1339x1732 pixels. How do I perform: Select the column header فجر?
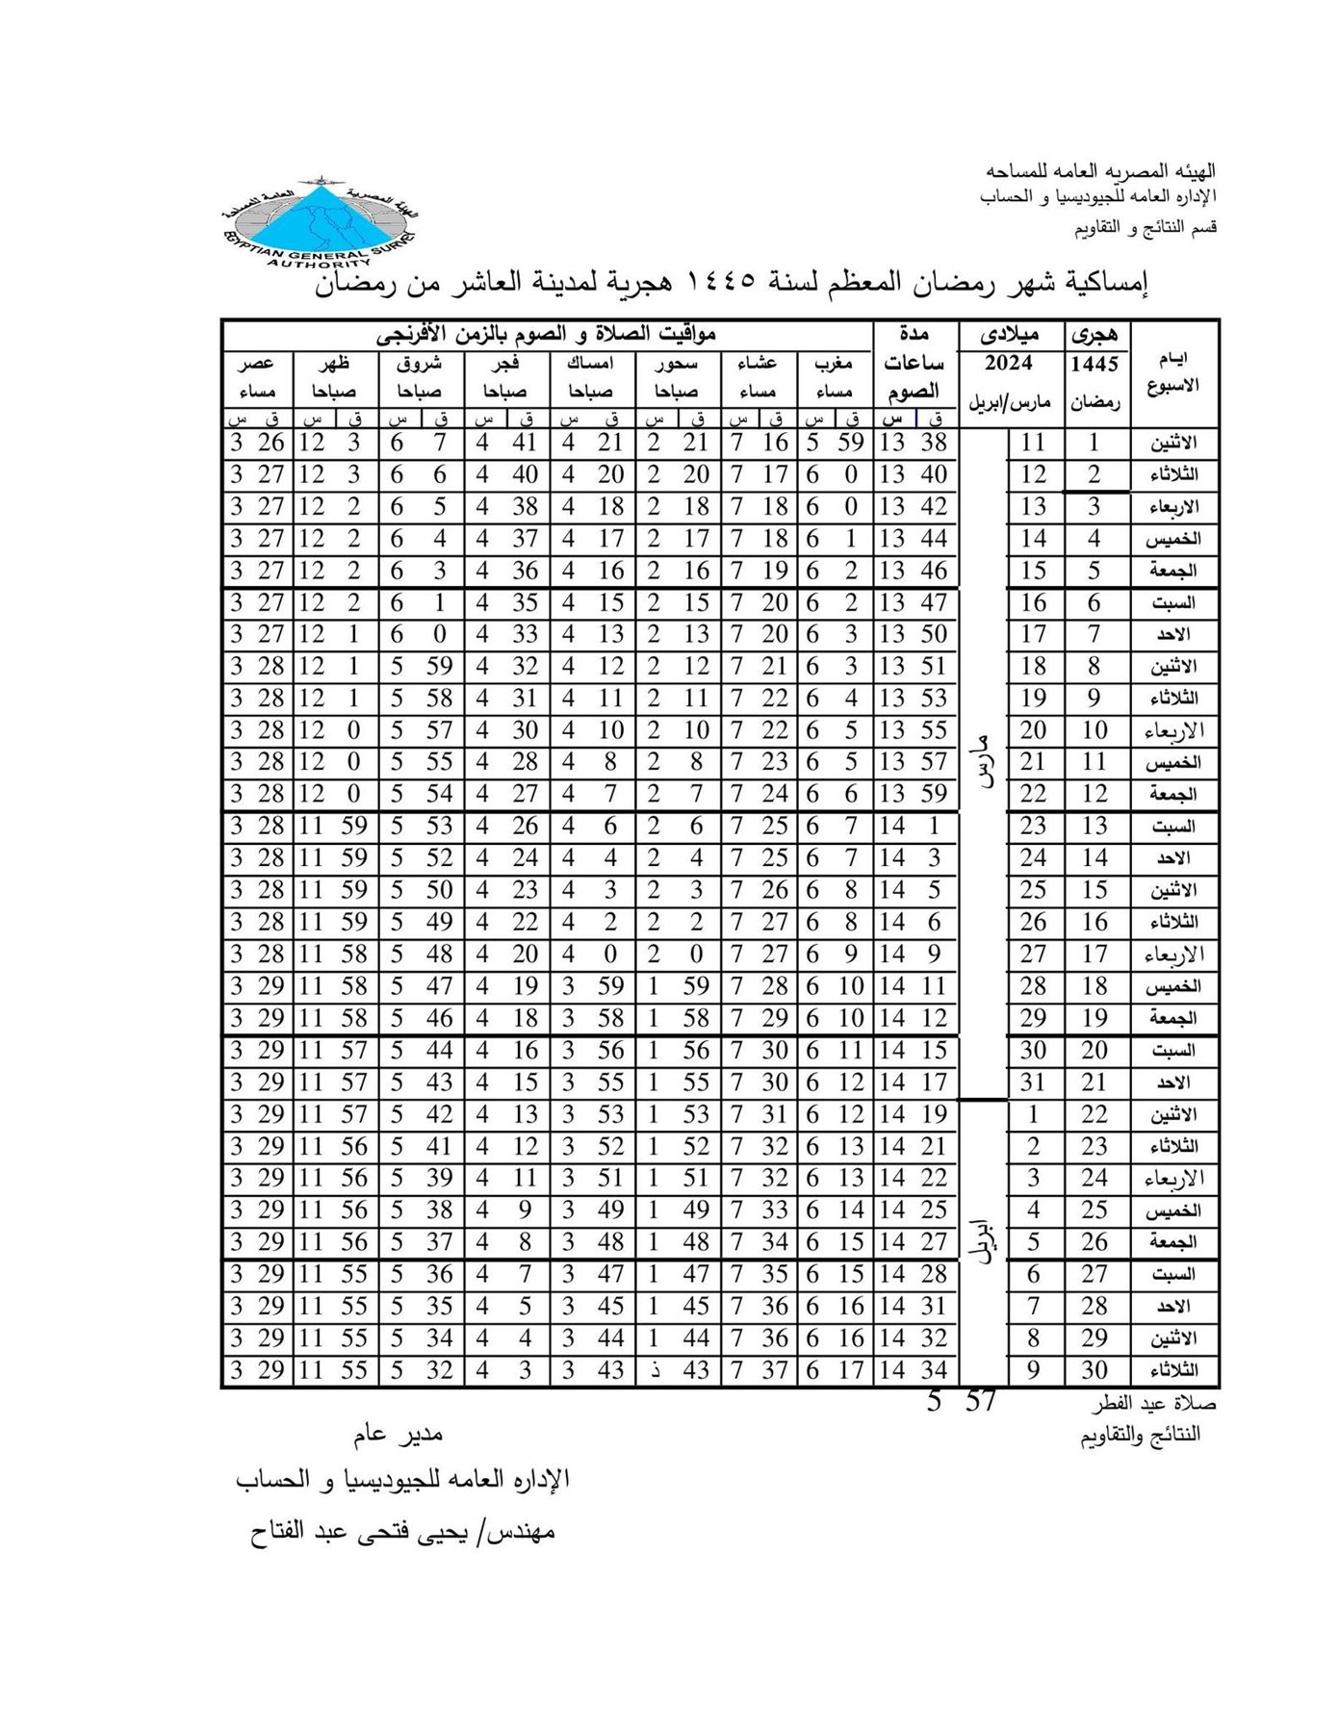504,364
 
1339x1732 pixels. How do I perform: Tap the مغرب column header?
834,364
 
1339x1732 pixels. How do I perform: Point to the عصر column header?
258,364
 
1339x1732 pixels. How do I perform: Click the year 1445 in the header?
1095,364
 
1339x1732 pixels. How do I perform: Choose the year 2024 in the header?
1008,363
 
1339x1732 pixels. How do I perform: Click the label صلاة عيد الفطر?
1154,1404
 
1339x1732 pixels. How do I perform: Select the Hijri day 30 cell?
1094,1370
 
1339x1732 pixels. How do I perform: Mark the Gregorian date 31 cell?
1033,1082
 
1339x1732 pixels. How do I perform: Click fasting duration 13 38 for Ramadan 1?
914,443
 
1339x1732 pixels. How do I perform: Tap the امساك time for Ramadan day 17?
589,954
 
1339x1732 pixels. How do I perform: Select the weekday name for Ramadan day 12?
1172,794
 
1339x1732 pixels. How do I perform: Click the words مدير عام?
398,1435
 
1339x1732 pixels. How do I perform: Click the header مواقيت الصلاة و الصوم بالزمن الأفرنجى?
546,335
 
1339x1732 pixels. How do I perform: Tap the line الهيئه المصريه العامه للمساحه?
1100,171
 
